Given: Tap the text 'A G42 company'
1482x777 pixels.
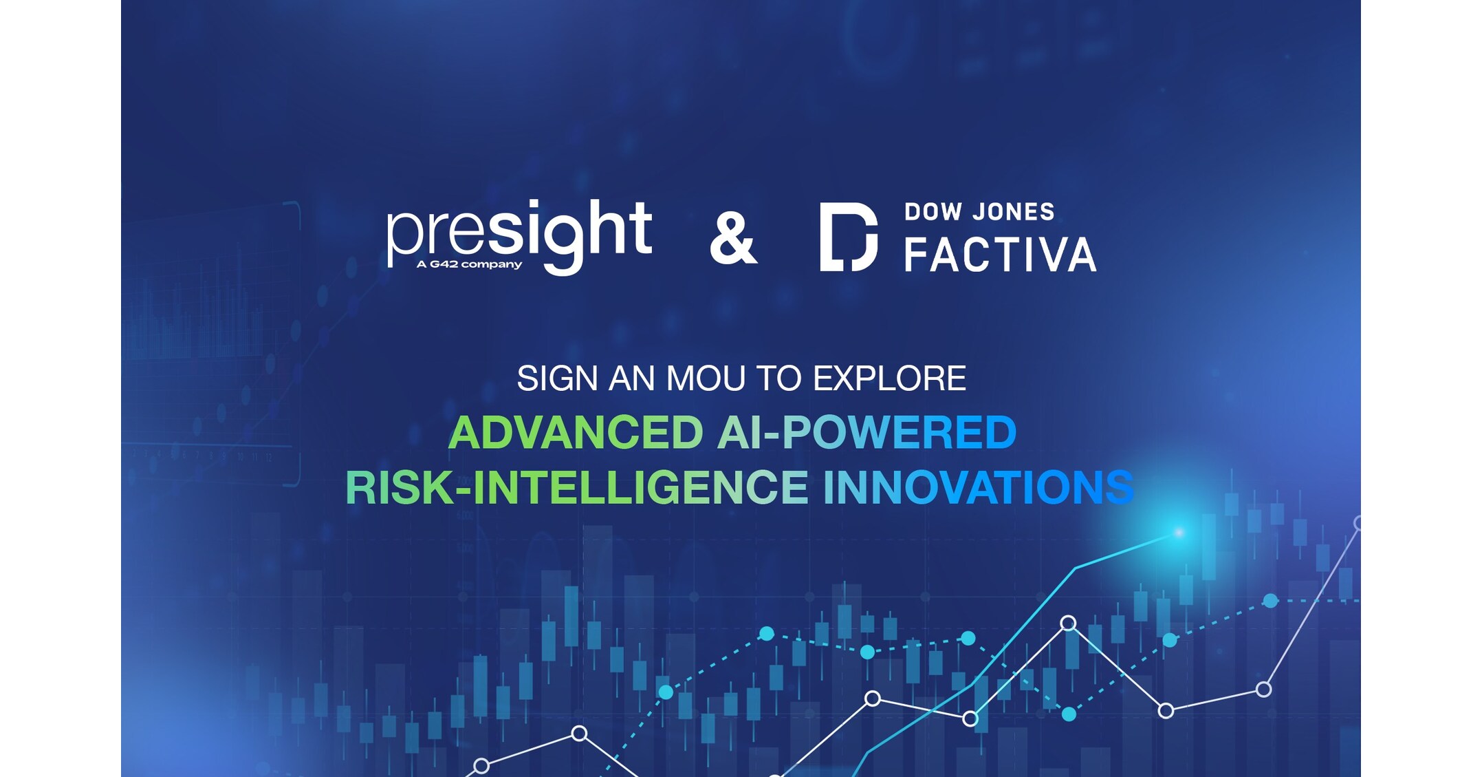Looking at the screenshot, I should (x=469, y=264).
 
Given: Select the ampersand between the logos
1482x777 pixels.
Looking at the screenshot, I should (x=733, y=238).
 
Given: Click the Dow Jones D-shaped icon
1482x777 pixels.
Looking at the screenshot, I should (x=849, y=237).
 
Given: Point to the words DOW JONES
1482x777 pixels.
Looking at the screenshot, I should (x=979, y=212).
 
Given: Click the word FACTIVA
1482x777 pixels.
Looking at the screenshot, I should (x=1000, y=255).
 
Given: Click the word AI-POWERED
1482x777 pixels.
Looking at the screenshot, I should (x=867, y=433).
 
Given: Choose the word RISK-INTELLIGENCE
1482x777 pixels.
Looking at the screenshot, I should (x=576, y=487).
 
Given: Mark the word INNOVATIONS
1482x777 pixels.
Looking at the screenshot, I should (x=978, y=487).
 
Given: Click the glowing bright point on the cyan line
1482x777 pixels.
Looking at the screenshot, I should (x=1179, y=532).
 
